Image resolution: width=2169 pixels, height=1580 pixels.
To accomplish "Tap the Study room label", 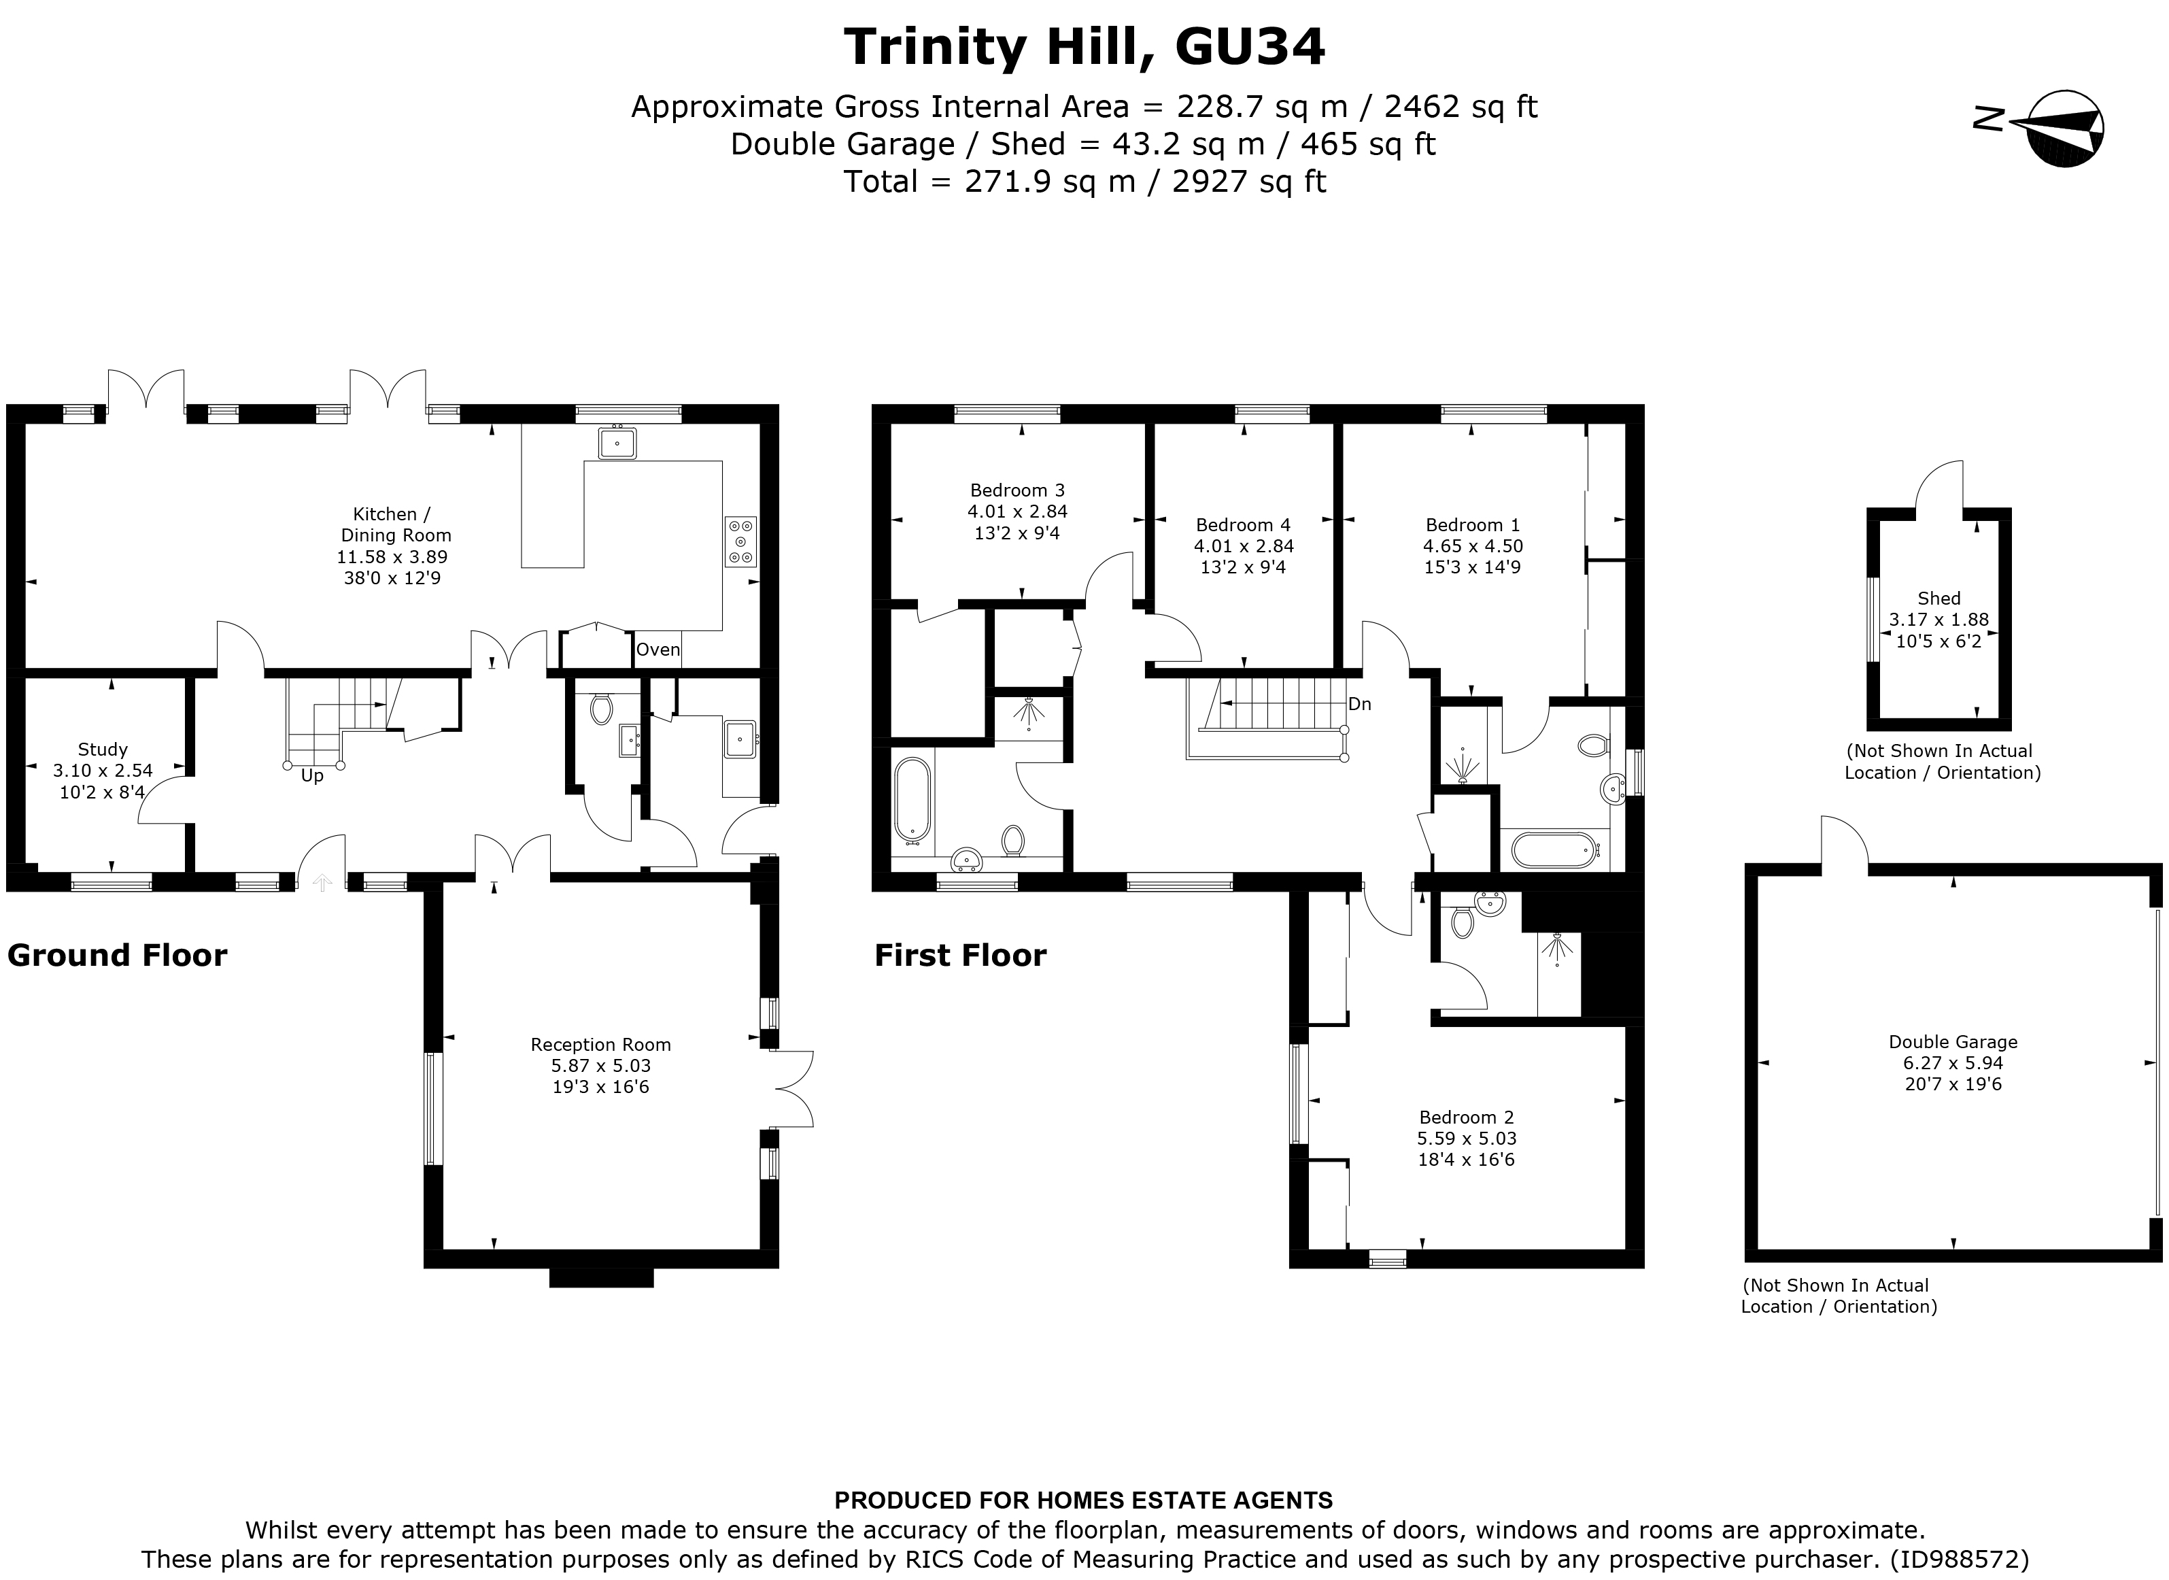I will [x=102, y=750].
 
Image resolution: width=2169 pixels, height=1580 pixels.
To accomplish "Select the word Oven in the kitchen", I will [x=658, y=650].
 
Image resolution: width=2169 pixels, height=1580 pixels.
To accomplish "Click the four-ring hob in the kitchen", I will [x=740, y=541].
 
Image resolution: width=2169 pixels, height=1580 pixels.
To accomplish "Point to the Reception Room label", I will [x=600, y=1045].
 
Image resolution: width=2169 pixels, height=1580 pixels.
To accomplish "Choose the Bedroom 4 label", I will [x=1243, y=525].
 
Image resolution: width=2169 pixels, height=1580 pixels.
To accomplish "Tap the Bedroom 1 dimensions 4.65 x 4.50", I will [x=1473, y=546].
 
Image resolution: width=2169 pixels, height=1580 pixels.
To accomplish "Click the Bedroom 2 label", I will [x=1466, y=1117].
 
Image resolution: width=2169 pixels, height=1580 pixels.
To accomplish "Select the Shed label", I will [x=1939, y=599].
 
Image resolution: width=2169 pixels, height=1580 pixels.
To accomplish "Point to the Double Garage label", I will [x=1953, y=1043].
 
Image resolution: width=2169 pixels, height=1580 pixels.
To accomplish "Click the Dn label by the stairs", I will [x=1359, y=705].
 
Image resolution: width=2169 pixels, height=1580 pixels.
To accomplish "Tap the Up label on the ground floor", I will [x=312, y=775].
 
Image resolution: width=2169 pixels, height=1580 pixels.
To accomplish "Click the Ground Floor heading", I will [x=118, y=956].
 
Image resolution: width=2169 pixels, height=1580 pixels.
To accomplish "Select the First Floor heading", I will [x=960, y=956].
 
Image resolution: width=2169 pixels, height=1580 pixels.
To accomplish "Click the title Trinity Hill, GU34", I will [x=1084, y=47].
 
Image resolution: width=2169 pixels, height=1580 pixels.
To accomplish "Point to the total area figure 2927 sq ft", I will [x=1248, y=182].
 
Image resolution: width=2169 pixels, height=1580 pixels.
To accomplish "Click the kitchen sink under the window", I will [x=617, y=443].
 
